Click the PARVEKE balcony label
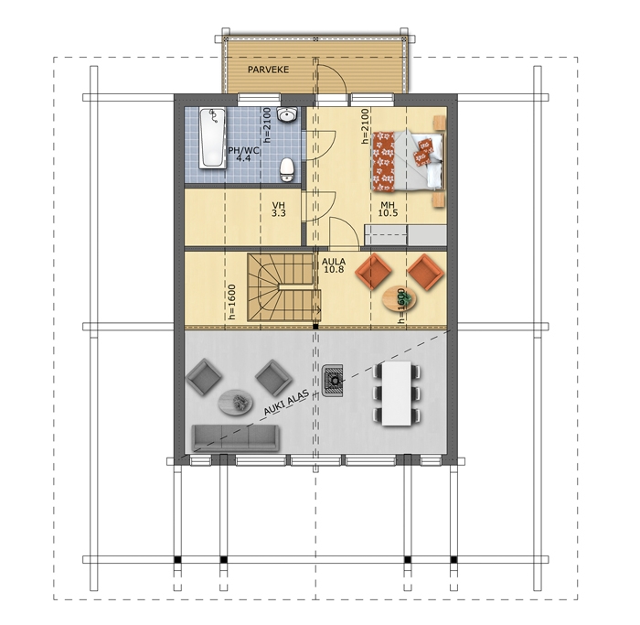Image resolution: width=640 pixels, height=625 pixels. click(x=268, y=70)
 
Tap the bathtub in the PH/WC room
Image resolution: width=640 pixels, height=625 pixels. click(x=212, y=138)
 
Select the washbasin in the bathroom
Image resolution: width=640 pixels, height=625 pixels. click(x=287, y=114)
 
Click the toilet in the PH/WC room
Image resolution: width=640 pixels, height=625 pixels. click(x=287, y=169)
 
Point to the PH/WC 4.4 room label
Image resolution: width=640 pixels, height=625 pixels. click(x=243, y=154)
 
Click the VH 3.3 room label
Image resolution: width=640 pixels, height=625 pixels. click(x=279, y=210)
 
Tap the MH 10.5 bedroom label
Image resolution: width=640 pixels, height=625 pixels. click(x=388, y=209)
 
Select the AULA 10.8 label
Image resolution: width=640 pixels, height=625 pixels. click(x=334, y=265)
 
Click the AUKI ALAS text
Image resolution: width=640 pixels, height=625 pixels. click(x=285, y=404)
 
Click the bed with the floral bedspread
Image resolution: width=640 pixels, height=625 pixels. click(x=408, y=161)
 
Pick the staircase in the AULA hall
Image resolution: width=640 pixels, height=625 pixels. click(x=283, y=286)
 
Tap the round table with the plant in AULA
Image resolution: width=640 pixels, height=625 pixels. click(x=400, y=298)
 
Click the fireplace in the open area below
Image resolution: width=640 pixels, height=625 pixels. click(x=332, y=381)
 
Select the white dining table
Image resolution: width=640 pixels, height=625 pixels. click(x=396, y=393)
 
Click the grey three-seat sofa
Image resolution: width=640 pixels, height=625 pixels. click(x=236, y=438)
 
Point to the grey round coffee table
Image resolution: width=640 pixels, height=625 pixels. click(x=236, y=402)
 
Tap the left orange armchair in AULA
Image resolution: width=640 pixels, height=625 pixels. click(x=373, y=271)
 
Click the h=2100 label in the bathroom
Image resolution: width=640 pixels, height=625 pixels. click(x=267, y=125)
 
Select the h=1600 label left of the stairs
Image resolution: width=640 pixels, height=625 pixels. click(x=232, y=301)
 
